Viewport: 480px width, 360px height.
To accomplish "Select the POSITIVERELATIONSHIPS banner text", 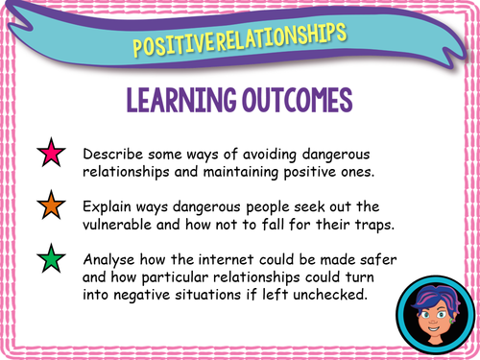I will coord(239,39).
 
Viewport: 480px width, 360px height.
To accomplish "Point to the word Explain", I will coord(109,206).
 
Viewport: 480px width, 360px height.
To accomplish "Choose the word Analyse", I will coord(112,258).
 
